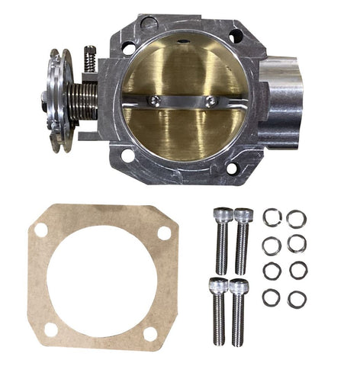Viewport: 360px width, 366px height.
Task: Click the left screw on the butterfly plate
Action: [156, 99]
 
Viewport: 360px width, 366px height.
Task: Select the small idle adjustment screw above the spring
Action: [90, 59]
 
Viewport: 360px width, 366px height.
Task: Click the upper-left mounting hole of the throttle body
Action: [129, 48]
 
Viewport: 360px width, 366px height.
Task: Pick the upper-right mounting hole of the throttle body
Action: [236, 35]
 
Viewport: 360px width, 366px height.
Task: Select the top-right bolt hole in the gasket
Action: [164, 233]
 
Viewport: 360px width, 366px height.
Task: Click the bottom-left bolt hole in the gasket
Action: [51, 329]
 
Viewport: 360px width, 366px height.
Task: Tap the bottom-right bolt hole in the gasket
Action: [150, 333]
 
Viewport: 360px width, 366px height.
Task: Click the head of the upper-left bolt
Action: [222, 216]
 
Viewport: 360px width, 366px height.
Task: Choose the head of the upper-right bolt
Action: [243, 217]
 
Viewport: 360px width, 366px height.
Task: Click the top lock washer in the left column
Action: [272, 218]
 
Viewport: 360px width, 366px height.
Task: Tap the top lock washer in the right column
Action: [297, 219]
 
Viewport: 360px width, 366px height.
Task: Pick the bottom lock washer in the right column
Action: [297, 300]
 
